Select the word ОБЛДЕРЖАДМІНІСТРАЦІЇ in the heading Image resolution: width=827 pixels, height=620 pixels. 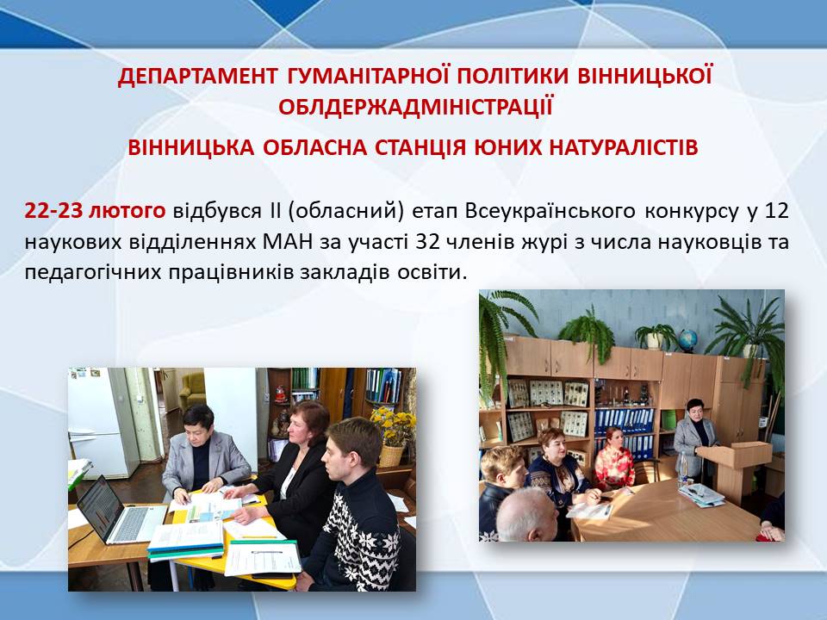(415, 107)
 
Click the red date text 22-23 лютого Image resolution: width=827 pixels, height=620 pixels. (95, 211)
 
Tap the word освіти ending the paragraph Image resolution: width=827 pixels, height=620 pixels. (432, 273)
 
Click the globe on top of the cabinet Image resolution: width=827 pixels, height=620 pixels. (687, 340)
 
